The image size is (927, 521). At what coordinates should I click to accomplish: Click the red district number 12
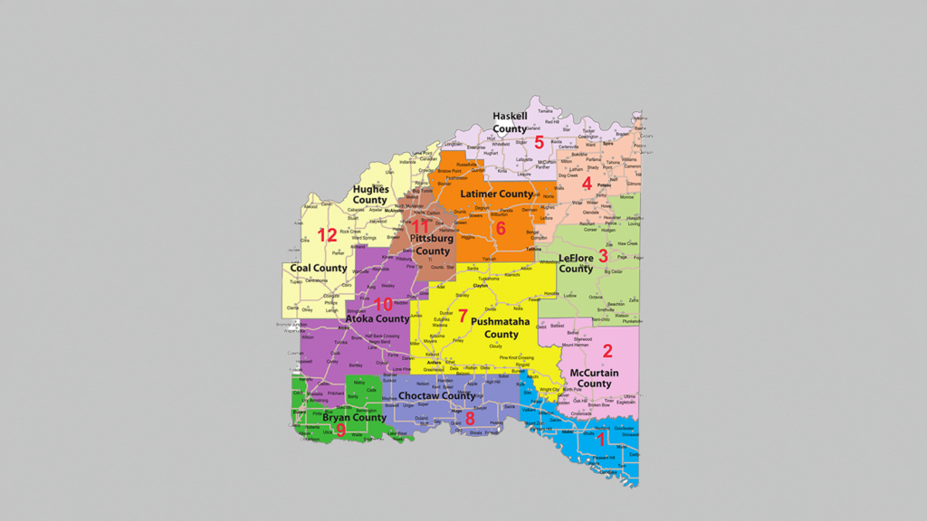pyautogui.click(x=327, y=236)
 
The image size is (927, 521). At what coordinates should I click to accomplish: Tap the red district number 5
pyautogui.click(x=539, y=142)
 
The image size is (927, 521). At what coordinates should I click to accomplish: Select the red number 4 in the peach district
pyautogui.click(x=587, y=184)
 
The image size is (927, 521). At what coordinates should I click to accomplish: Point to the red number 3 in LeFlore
pyautogui.click(x=603, y=256)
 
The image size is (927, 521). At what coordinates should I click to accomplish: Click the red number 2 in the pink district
pyautogui.click(x=607, y=351)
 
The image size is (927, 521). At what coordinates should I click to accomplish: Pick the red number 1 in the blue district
pyautogui.click(x=600, y=440)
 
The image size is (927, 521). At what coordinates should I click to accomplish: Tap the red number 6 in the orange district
pyautogui.click(x=500, y=228)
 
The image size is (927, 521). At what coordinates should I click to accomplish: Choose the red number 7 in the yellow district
pyautogui.click(x=463, y=317)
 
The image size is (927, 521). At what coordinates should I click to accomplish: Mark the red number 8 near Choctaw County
pyautogui.click(x=470, y=418)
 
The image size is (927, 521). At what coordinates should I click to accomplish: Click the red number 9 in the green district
pyautogui.click(x=340, y=431)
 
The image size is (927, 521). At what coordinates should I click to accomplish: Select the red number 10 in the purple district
pyautogui.click(x=383, y=304)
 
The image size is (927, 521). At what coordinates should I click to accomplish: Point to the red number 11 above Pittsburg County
pyautogui.click(x=420, y=226)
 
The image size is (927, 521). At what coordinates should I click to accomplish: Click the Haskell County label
pyautogui.click(x=510, y=122)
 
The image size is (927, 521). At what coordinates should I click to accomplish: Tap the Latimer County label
pyautogui.click(x=497, y=194)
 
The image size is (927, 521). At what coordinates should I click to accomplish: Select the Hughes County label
pyautogui.click(x=370, y=194)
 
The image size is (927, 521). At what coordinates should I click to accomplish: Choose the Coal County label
pyautogui.click(x=319, y=269)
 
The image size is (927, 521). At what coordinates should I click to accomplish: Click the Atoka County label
pyautogui.click(x=377, y=319)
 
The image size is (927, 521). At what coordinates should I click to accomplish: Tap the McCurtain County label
pyautogui.click(x=594, y=378)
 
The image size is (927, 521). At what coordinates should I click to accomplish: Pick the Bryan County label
pyautogui.click(x=354, y=418)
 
